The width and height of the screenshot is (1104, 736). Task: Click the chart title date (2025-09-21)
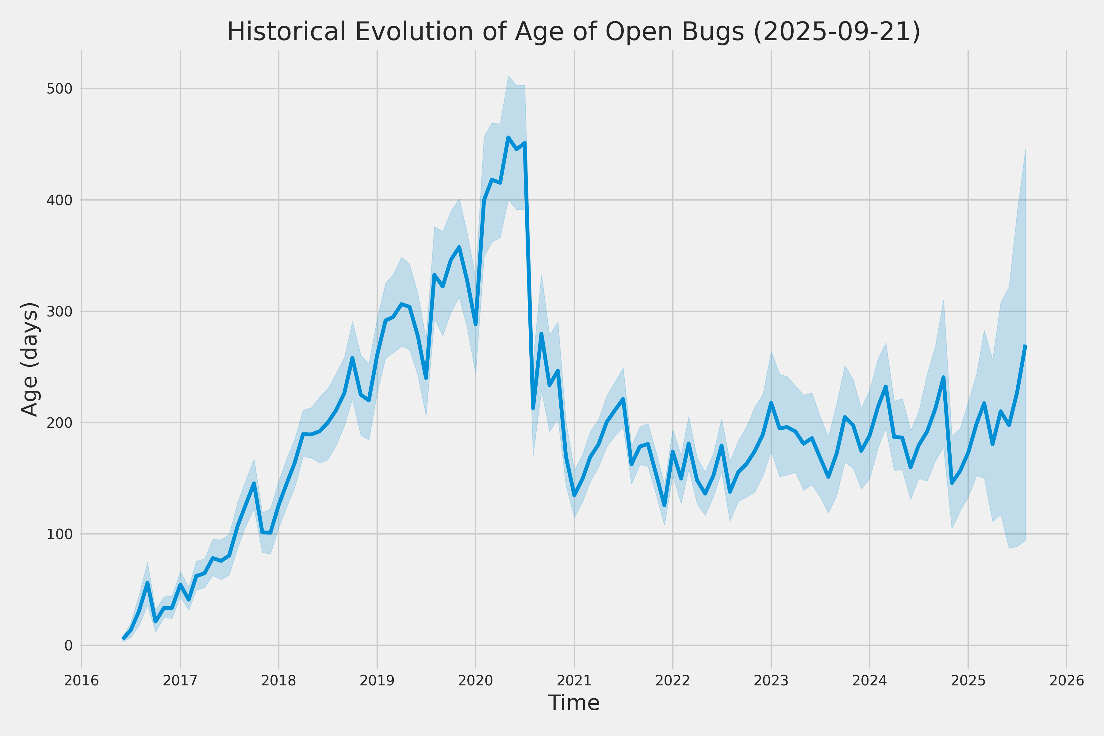point(837,32)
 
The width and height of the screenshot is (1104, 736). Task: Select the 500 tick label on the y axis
point(59,89)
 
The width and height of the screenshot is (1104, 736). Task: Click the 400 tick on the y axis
point(59,200)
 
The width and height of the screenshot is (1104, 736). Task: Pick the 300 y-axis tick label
point(59,311)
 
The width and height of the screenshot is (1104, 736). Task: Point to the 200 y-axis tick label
point(59,423)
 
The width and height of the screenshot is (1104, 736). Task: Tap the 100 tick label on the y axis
point(59,534)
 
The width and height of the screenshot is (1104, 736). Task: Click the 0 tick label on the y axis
point(68,646)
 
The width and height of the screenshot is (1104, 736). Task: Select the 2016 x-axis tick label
point(82,680)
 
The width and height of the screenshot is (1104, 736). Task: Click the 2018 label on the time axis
point(279,680)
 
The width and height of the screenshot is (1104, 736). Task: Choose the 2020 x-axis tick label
point(476,680)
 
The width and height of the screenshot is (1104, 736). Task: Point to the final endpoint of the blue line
point(1025,346)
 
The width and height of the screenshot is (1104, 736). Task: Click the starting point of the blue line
point(123,638)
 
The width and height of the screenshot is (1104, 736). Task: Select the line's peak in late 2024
point(944,378)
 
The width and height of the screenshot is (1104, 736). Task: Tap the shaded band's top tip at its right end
point(1025,149)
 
